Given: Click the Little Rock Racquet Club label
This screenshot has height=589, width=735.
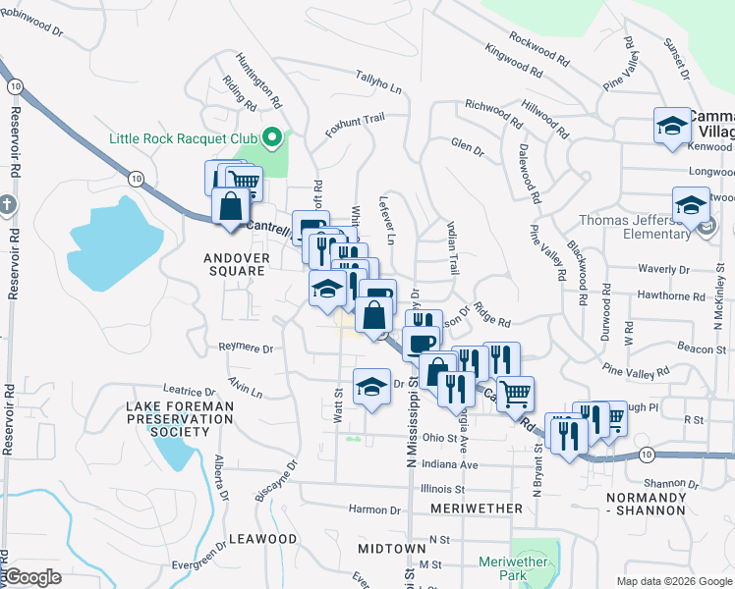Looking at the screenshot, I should pyautogui.click(x=182, y=138).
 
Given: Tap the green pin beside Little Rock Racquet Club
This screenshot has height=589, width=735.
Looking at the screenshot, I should pyautogui.click(x=275, y=138).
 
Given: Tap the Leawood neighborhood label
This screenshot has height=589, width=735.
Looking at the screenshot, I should pyautogui.click(x=262, y=539).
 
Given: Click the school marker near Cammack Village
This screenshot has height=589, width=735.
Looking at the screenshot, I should pyautogui.click(x=672, y=126).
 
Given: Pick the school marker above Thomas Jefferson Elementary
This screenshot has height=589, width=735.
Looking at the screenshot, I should pyautogui.click(x=691, y=205).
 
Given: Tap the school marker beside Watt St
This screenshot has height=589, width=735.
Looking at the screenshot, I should pyautogui.click(x=370, y=388).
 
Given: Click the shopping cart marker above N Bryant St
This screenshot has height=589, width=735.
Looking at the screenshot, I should pyautogui.click(x=514, y=394).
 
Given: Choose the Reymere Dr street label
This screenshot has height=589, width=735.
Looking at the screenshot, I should pyautogui.click(x=246, y=348).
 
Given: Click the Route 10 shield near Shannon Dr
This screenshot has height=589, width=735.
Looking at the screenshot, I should pyautogui.click(x=645, y=454).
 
